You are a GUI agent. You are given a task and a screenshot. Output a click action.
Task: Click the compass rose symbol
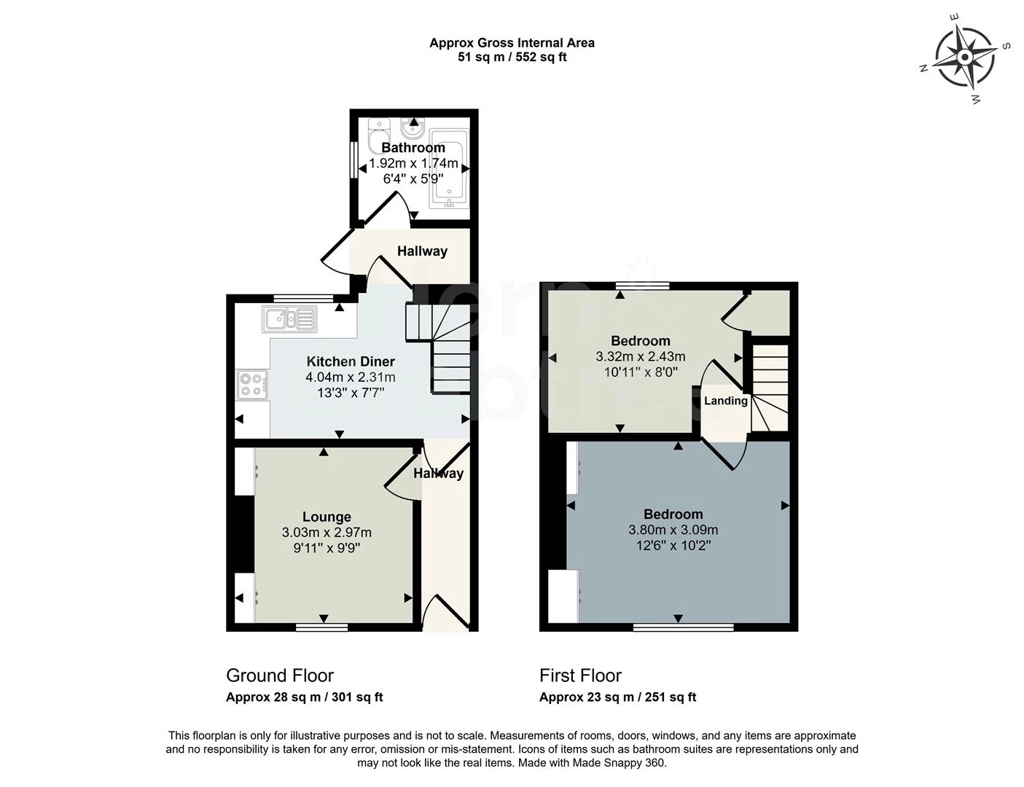(x=965, y=57)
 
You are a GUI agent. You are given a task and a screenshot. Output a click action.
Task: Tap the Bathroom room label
(x=413, y=148)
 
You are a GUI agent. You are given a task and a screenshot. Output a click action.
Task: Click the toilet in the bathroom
(x=378, y=136)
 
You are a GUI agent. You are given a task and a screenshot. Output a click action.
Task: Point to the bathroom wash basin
(x=413, y=130)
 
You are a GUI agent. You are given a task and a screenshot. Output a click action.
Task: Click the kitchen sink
(x=290, y=319)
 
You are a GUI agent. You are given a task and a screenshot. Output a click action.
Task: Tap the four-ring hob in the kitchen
(x=252, y=385)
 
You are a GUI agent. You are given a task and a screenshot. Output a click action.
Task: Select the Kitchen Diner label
(x=351, y=361)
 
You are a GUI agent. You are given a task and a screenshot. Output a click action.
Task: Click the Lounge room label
(x=327, y=517)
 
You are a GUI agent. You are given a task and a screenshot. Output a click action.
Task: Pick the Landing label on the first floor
(x=725, y=401)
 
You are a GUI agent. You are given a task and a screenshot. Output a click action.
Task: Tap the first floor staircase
(x=770, y=388)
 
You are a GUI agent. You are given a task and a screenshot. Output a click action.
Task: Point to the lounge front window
(x=321, y=626)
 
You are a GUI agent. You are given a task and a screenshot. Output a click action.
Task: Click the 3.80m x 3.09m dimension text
(x=673, y=530)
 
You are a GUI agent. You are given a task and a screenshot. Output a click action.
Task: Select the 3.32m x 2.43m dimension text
(x=640, y=356)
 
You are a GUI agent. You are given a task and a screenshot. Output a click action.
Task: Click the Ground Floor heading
(x=280, y=676)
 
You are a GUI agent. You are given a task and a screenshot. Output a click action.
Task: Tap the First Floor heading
(x=580, y=676)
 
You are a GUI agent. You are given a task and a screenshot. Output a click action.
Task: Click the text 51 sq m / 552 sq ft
(x=512, y=57)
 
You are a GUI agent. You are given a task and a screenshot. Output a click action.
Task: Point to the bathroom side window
(x=353, y=159)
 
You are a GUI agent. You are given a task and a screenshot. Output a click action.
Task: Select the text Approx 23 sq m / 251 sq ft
(x=617, y=697)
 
